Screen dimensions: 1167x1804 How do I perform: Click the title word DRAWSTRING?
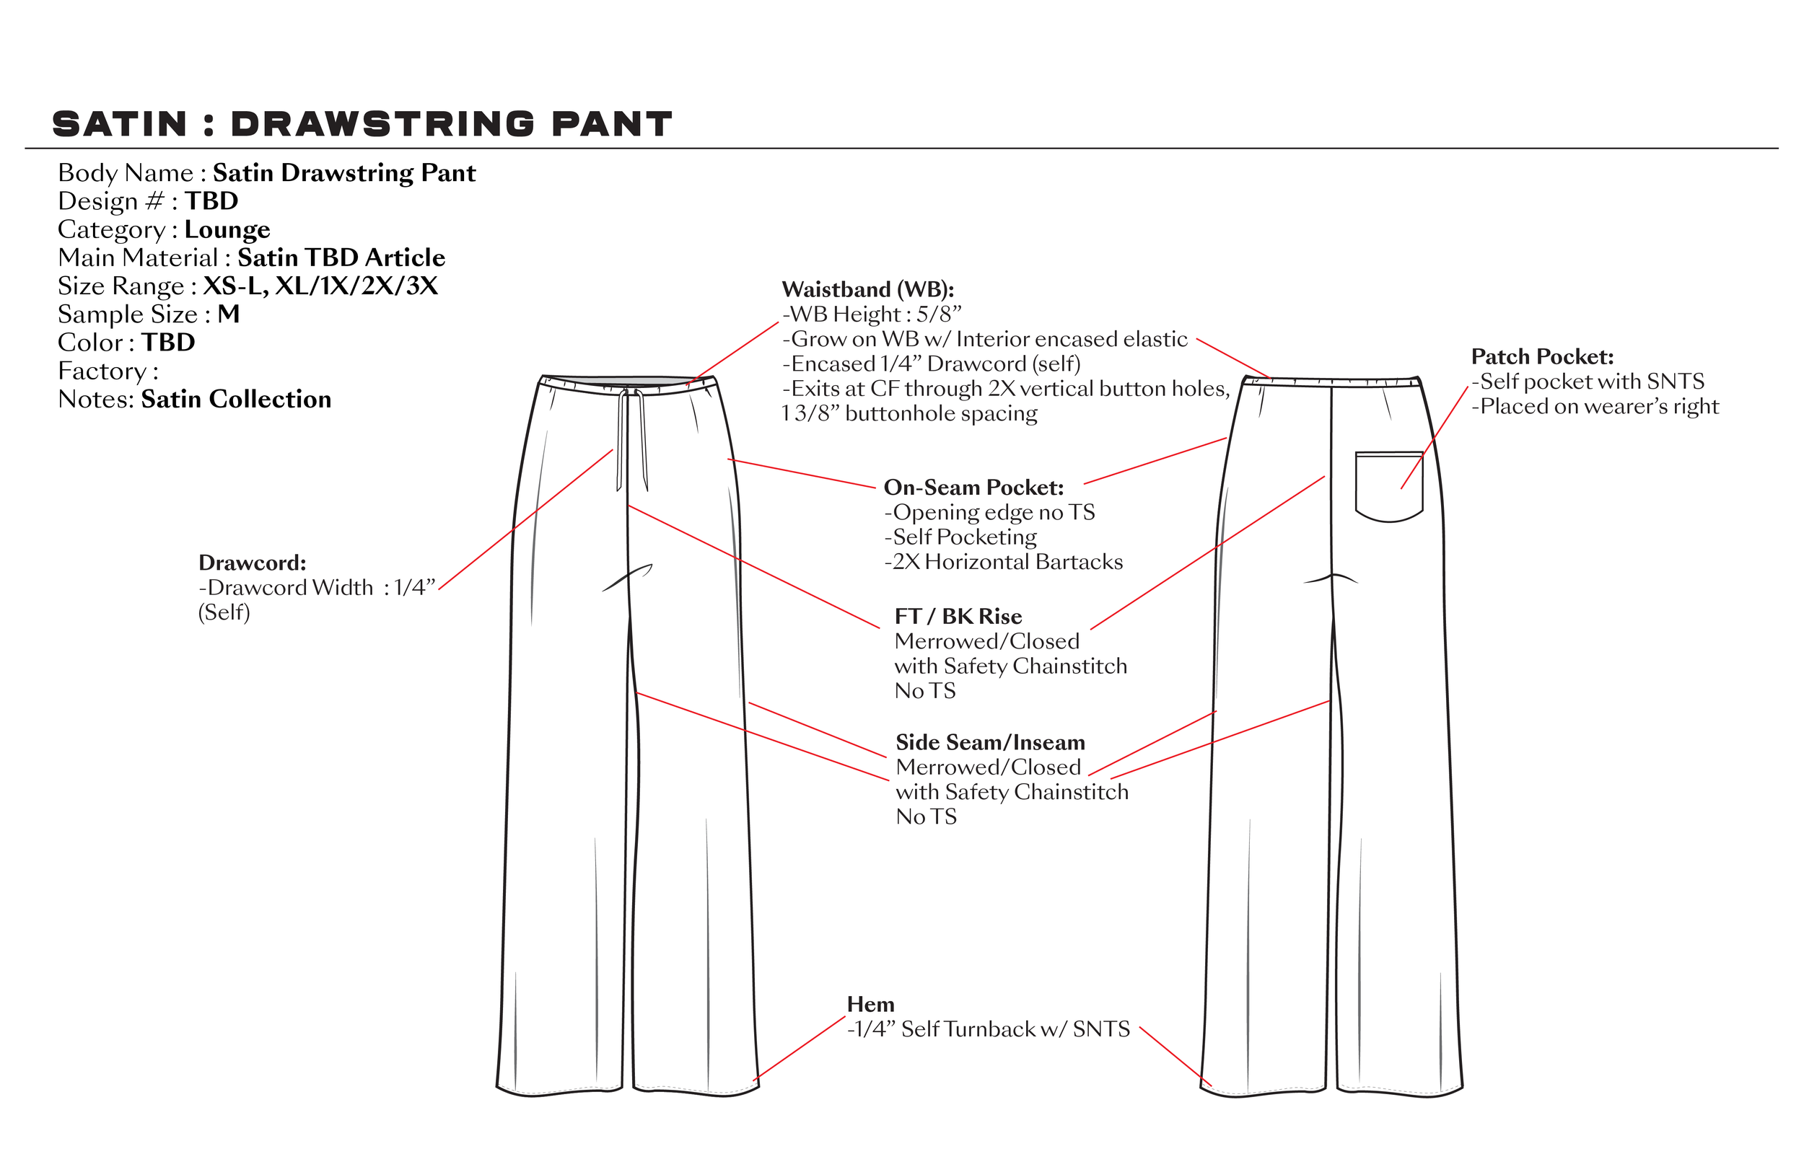coord(382,124)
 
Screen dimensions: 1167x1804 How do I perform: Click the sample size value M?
coord(228,314)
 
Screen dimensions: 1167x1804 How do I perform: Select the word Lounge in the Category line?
coord(227,229)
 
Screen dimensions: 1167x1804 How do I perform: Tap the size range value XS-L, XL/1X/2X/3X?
coord(320,286)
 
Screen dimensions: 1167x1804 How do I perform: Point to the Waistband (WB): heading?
coord(868,289)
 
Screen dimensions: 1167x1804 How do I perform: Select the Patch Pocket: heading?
coord(1543,357)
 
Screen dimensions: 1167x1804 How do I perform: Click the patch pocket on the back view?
coord(1388,485)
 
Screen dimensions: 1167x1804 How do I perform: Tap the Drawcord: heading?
coord(253,563)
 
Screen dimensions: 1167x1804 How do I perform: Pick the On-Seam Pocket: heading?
coord(974,488)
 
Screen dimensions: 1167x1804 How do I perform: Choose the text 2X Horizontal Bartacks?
coord(1007,563)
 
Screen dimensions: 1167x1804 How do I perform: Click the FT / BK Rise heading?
coord(958,617)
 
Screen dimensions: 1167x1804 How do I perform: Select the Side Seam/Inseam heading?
coord(990,743)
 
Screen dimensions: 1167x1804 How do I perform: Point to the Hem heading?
coord(870,1005)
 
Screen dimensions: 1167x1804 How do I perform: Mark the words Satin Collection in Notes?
coord(236,400)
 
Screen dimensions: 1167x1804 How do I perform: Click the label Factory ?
coord(108,371)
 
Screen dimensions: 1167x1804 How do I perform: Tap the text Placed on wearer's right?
coord(1599,407)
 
